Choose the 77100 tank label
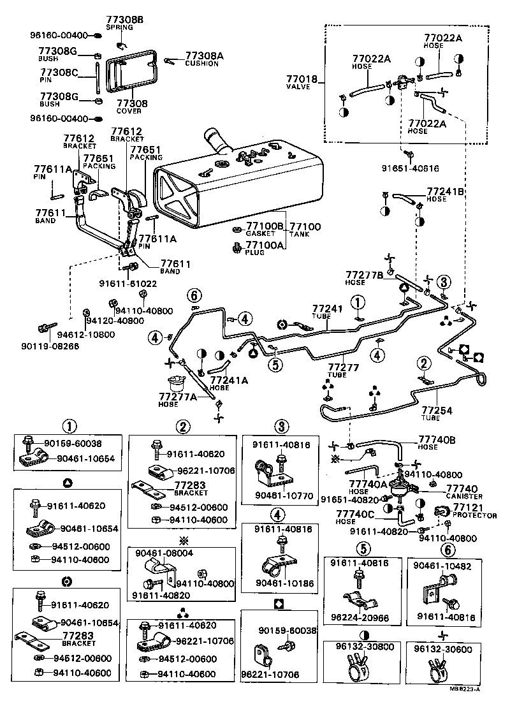click(x=305, y=226)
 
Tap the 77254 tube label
click(x=439, y=410)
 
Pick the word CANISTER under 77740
click(x=465, y=496)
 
